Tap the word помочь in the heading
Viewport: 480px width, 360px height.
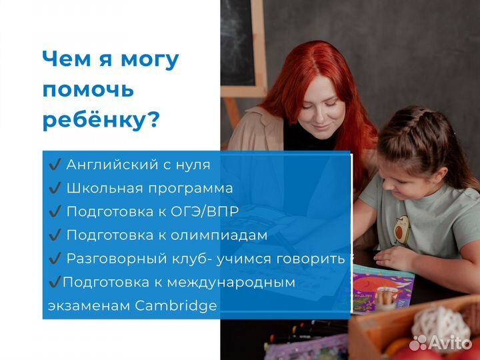[x=88, y=89]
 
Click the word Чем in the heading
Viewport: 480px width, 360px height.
[x=63, y=59]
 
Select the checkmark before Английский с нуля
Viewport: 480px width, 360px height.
[x=55, y=165]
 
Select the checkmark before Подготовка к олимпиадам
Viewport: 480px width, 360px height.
[x=55, y=235]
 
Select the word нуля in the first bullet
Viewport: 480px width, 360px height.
[x=190, y=165]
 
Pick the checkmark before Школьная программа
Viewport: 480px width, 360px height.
[x=55, y=189]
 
